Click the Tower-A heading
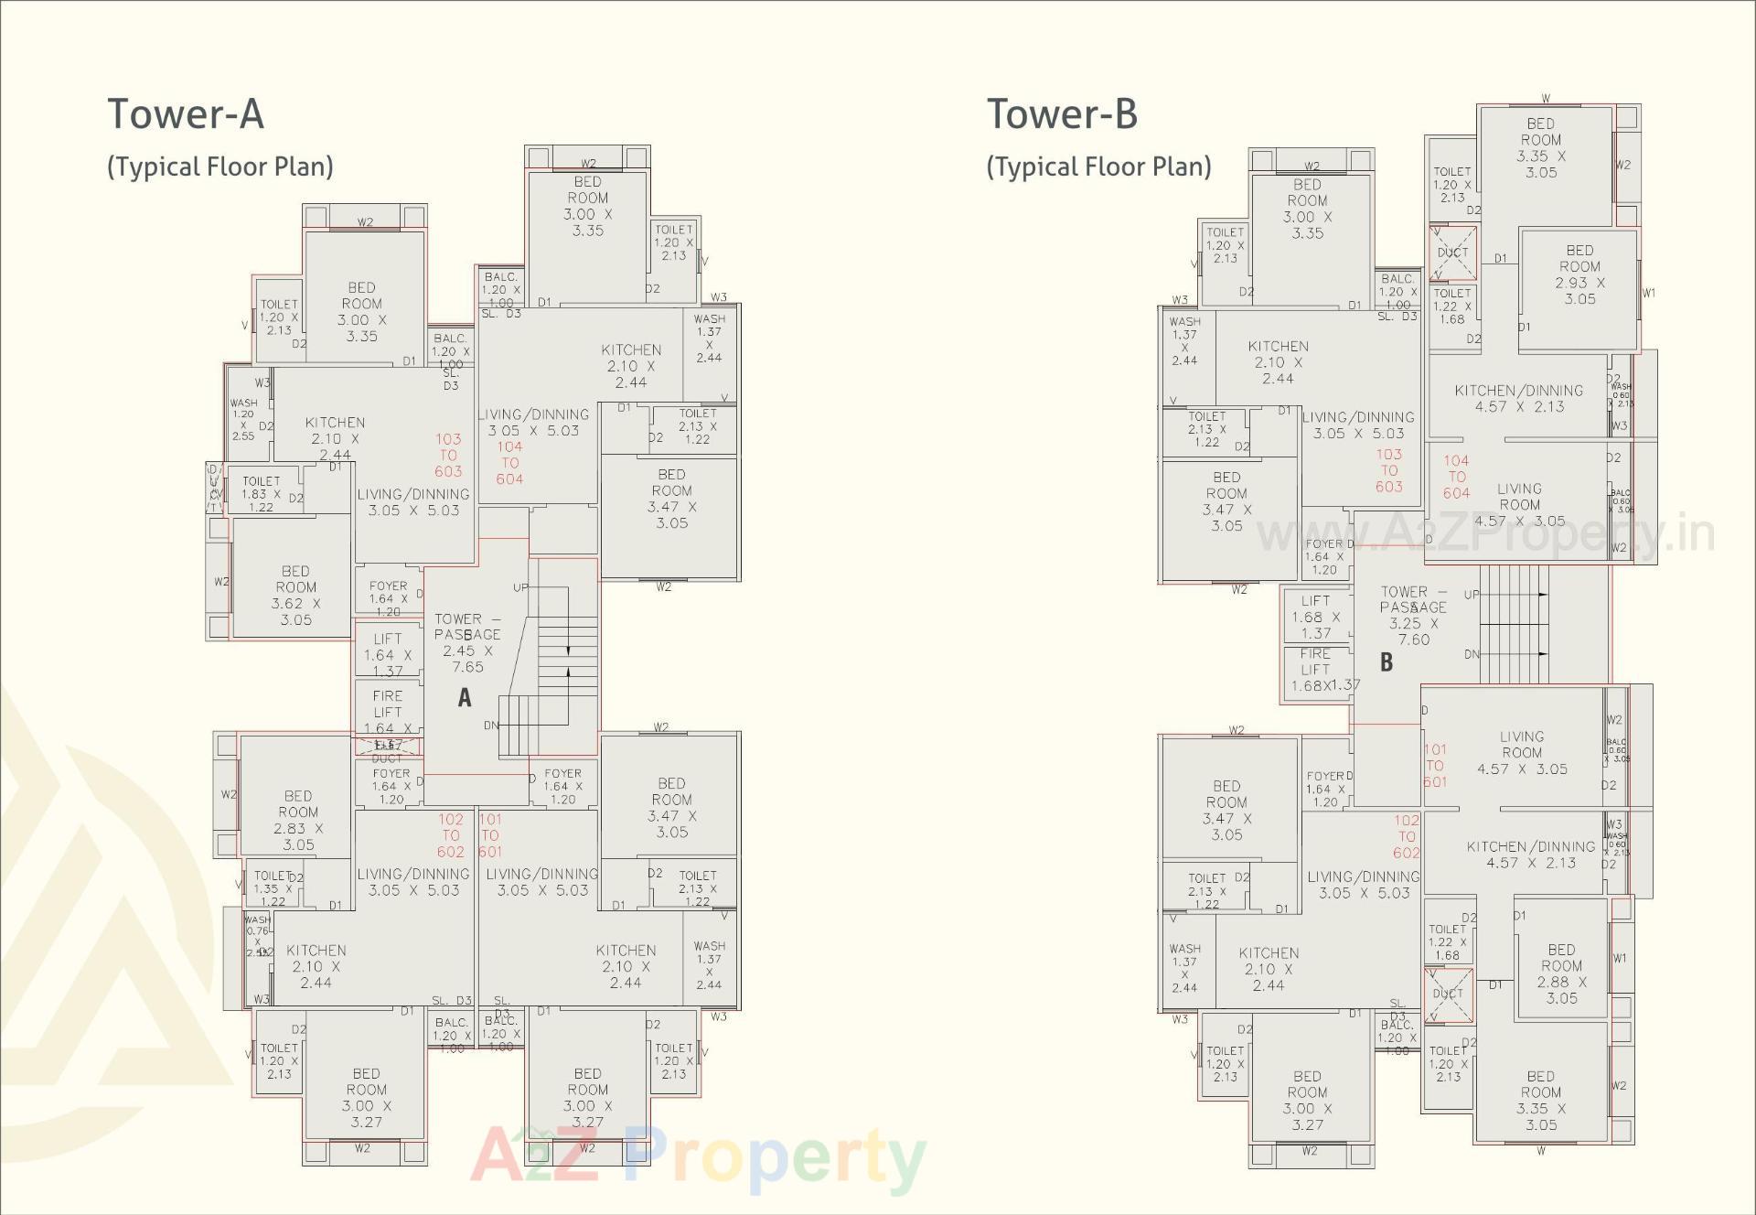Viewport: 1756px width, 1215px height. coord(186,114)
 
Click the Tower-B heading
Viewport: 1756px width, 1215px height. coord(1062,114)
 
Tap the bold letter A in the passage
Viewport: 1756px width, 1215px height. coord(465,698)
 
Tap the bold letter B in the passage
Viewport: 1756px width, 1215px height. coord(1387,662)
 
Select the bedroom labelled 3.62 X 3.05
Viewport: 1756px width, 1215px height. coord(295,596)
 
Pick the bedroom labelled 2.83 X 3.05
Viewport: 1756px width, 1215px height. coord(298,820)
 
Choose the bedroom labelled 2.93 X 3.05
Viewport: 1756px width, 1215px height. coord(1579,274)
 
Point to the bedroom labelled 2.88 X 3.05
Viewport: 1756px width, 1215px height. coord(1561,973)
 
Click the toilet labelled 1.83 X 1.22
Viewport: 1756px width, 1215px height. coord(262,493)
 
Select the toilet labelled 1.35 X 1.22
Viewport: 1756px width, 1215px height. coord(271,888)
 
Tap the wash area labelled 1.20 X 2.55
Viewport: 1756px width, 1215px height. coord(243,419)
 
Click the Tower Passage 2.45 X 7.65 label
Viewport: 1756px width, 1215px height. coord(467,642)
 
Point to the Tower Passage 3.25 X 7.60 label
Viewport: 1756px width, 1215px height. coord(1413,615)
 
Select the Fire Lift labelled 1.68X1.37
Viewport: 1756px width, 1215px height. coord(1317,670)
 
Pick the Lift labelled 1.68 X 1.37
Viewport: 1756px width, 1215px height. coord(1315,617)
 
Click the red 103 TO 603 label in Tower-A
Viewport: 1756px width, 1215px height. coord(448,455)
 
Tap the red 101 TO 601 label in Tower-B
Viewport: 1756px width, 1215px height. coord(1435,765)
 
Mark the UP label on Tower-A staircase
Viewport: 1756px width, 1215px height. coord(520,587)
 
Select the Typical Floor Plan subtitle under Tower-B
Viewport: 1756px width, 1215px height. coord(1098,167)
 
